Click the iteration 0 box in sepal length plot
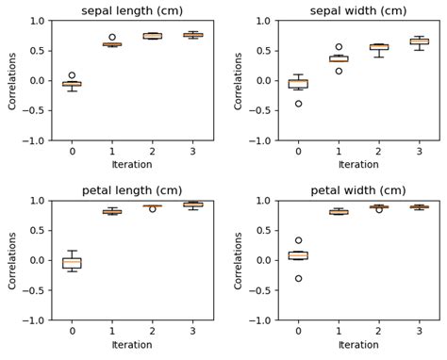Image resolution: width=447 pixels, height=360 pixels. tap(72, 84)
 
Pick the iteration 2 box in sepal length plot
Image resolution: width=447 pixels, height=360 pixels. tap(152, 36)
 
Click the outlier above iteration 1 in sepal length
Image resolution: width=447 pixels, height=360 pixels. tap(112, 37)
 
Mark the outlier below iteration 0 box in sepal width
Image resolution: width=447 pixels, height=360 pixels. tap(298, 104)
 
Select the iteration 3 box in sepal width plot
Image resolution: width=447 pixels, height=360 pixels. tap(419, 41)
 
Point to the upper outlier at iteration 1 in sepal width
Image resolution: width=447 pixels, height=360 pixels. tap(339, 46)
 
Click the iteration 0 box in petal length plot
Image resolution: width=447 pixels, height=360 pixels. tap(72, 263)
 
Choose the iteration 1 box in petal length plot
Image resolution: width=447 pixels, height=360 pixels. tap(112, 212)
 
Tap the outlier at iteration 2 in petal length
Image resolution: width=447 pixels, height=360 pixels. tap(152, 208)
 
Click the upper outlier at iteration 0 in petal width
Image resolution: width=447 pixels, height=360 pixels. tap(298, 240)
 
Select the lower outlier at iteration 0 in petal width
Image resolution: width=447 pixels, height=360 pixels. tap(298, 278)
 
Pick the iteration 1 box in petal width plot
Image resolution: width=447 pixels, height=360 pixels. tap(339, 212)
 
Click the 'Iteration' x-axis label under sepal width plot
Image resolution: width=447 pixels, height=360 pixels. tap(358, 165)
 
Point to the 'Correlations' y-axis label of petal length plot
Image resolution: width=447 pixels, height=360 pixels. tap(13, 260)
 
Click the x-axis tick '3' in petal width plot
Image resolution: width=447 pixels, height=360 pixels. tap(419, 331)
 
